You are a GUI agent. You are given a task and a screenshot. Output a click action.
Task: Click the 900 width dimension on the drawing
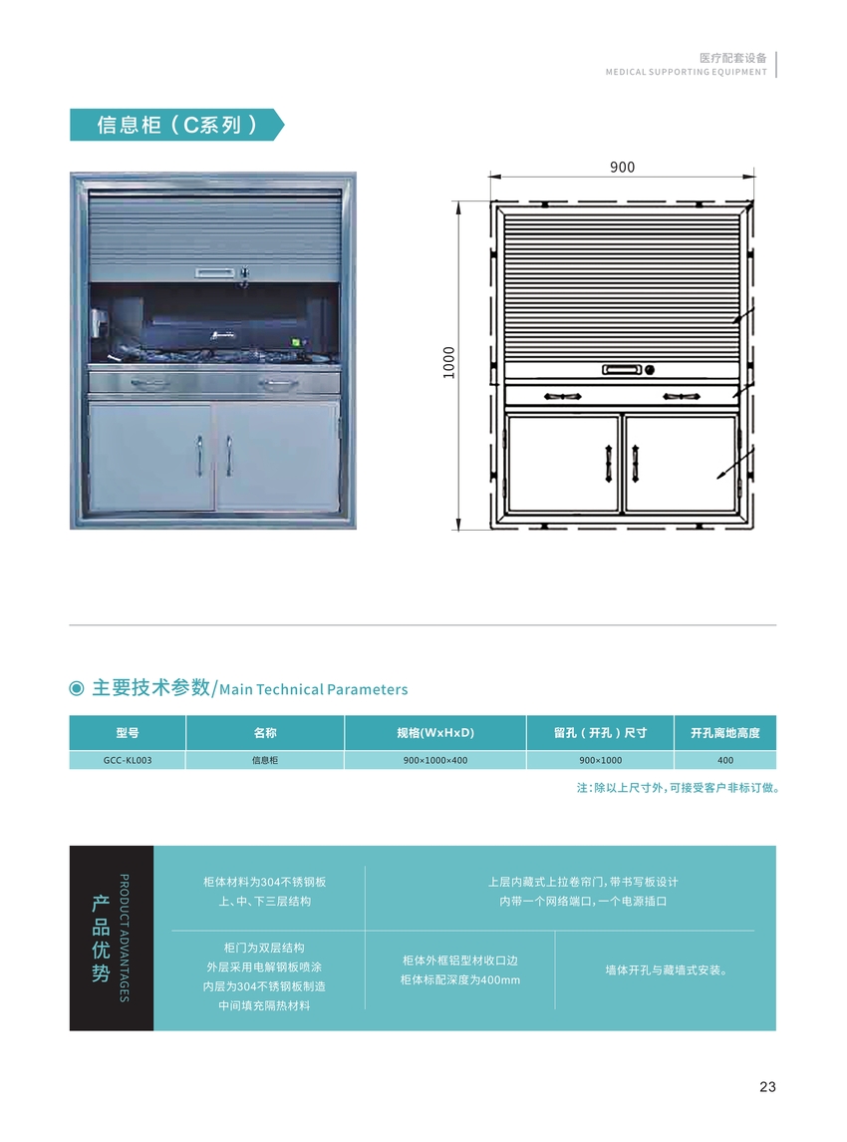(x=622, y=167)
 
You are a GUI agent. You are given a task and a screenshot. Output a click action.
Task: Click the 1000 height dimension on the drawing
(x=449, y=362)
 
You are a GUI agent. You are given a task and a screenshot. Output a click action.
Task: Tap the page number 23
(x=767, y=1087)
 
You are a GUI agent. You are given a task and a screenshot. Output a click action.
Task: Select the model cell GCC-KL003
(x=128, y=760)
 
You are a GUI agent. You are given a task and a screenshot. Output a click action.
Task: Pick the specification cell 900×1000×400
(x=435, y=760)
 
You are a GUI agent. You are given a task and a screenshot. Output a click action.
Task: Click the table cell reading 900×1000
(x=600, y=760)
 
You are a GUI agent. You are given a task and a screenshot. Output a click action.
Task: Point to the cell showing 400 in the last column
(x=725, y=760)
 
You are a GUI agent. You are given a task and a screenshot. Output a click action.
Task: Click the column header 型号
(x=128, y=733)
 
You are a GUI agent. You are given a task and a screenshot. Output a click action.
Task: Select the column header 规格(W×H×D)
(x=435, y=733)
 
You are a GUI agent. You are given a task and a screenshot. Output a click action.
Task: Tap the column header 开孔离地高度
(x=725, y=733)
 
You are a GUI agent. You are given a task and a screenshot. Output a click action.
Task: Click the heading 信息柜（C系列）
(x=176, y=125)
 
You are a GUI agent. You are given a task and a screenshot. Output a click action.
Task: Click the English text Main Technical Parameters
(x=314, y=689)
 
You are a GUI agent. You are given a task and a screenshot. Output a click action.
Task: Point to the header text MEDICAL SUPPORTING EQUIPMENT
(x=687, y=72)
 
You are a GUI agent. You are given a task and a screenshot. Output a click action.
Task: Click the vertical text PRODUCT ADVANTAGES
(x=124, y=939)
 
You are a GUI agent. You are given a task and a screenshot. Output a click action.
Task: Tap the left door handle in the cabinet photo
(x=199, y=455)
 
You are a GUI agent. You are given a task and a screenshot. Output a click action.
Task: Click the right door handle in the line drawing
(x=636, y=463)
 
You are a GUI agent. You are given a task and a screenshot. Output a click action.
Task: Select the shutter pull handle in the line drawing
(x=622, y=370)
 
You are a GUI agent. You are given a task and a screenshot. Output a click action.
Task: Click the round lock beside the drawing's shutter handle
(x=650, y=370)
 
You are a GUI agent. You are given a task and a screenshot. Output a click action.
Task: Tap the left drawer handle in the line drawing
(x=562, y=397)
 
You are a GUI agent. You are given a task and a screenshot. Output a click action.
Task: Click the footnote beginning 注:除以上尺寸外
(x=679, y=788)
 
